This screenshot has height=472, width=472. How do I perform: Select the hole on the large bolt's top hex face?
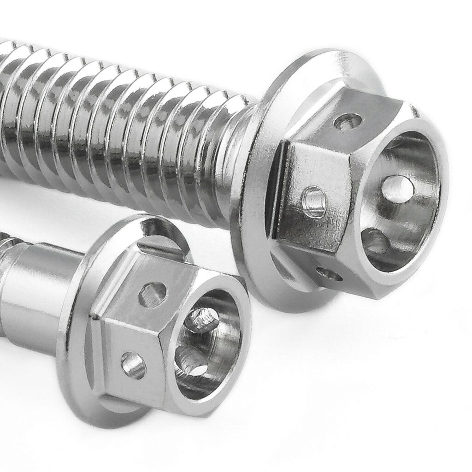pos(348,122)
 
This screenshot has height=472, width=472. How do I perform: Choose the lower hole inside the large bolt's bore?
pos(376,241)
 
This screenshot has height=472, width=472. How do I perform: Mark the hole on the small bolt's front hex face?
pos(134,365)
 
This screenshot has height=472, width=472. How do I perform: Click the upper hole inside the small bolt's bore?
pos(204,319)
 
